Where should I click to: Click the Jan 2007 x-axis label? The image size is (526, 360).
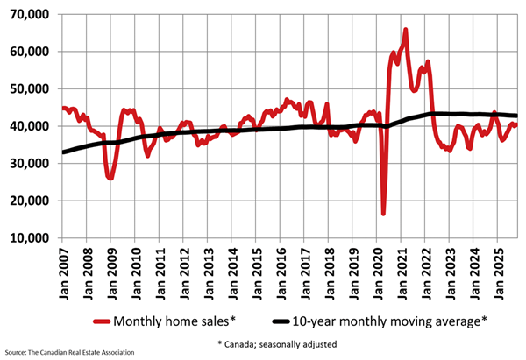(62, 267)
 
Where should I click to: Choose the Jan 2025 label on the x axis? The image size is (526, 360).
(496, 267)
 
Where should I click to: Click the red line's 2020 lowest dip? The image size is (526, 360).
(383, 213)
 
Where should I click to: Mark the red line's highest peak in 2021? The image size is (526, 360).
(405, 30)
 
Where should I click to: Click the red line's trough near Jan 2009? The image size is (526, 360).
(110, 178)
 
